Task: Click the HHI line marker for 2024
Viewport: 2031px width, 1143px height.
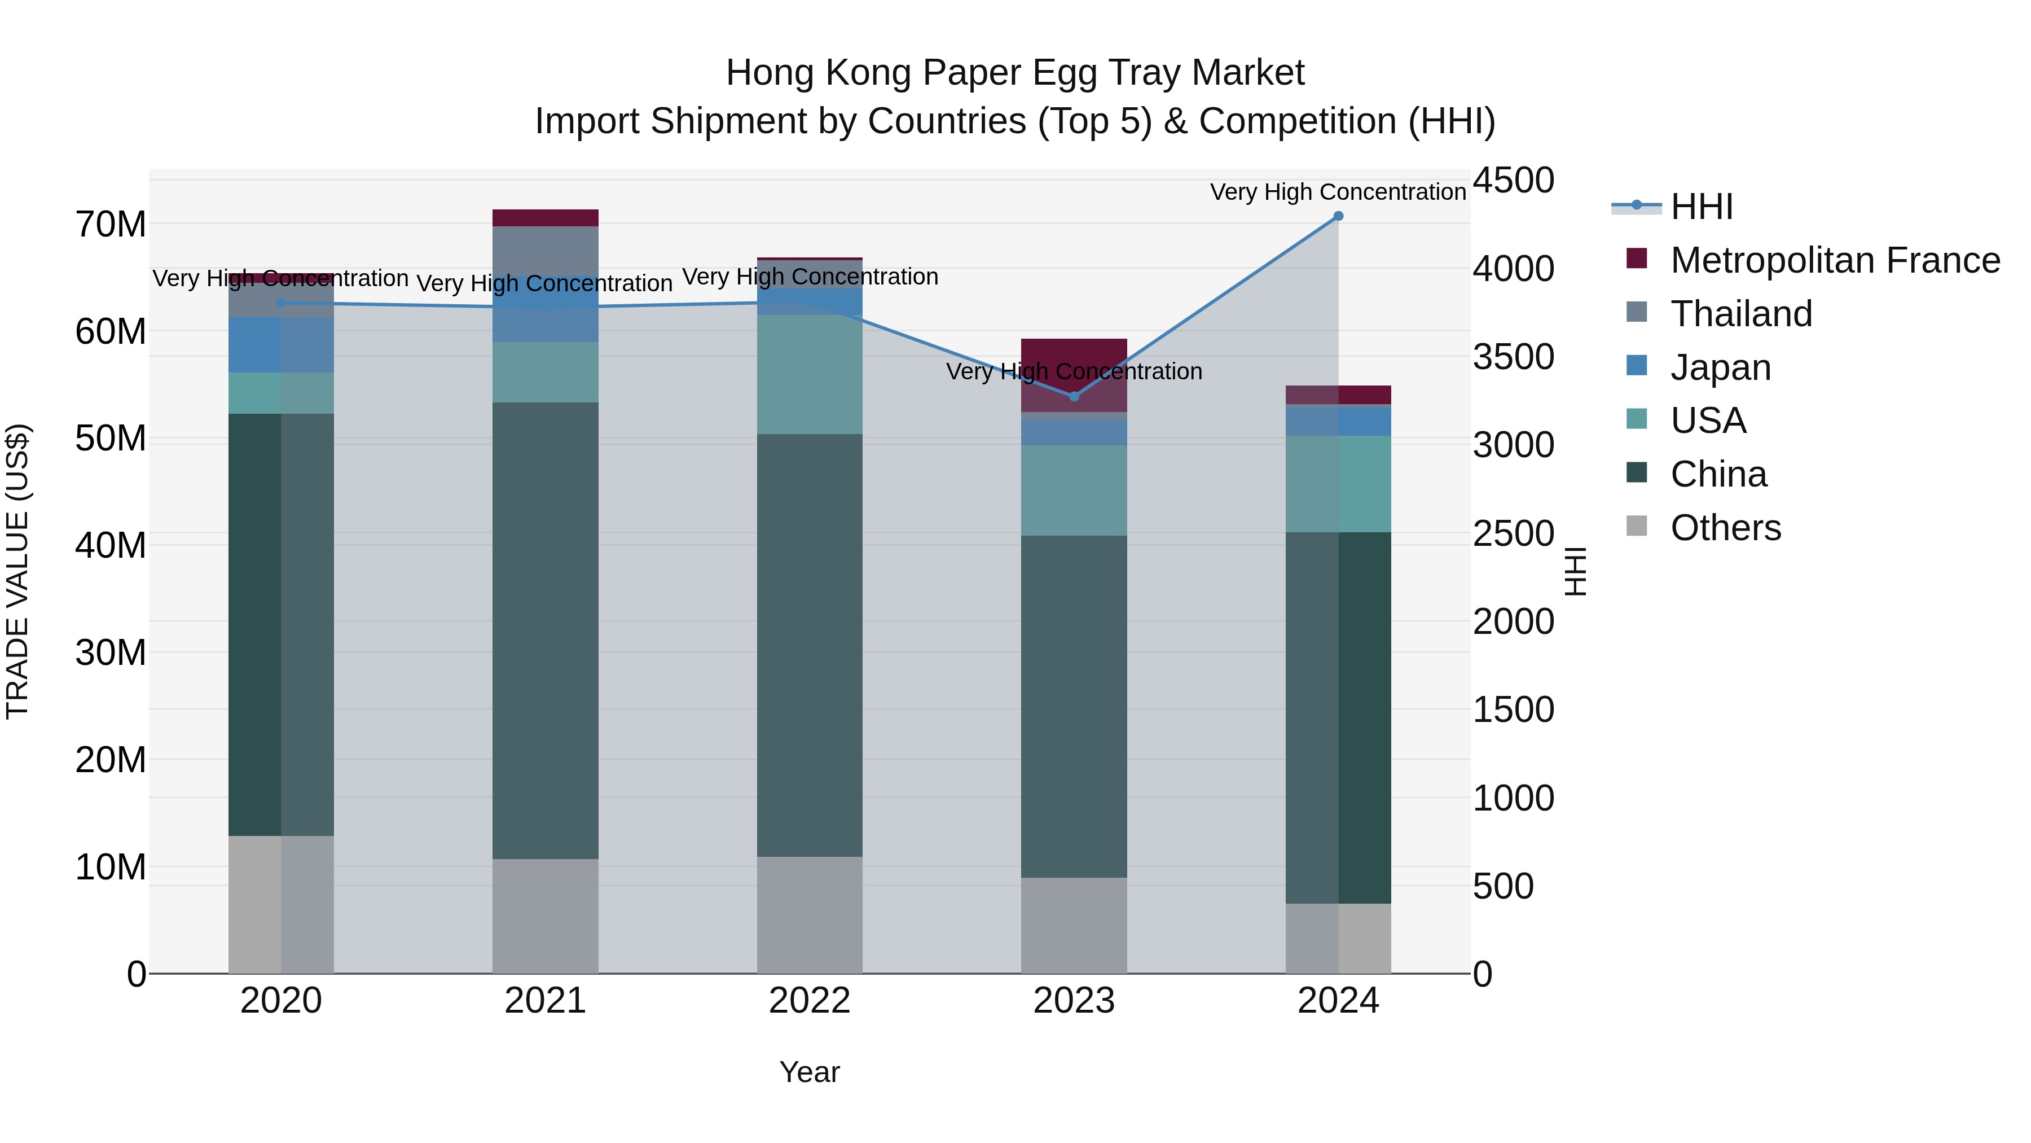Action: [1338, 216]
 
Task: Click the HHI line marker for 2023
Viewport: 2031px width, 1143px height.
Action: [1074, 396]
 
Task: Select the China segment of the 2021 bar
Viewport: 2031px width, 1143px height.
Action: [546, 631]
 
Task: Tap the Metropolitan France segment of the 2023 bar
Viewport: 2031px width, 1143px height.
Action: [1074, 375]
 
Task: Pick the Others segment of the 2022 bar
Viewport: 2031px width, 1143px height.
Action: [810, 915]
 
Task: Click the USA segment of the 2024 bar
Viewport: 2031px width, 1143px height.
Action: [1338, 484]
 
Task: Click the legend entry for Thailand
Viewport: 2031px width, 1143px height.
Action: [1741, 314]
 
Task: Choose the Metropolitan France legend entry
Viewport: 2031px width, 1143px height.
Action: [1835, 260]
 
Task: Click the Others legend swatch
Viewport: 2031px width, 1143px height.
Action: [1637, 526]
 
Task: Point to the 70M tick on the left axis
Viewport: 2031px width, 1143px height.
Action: [111, 225]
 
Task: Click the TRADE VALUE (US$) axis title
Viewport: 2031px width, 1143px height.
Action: [18, 571]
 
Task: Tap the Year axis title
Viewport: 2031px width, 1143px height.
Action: [810, 1072]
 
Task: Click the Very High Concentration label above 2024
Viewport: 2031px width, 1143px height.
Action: [1338, 192]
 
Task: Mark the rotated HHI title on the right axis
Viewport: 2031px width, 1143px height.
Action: [1575, 571]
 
